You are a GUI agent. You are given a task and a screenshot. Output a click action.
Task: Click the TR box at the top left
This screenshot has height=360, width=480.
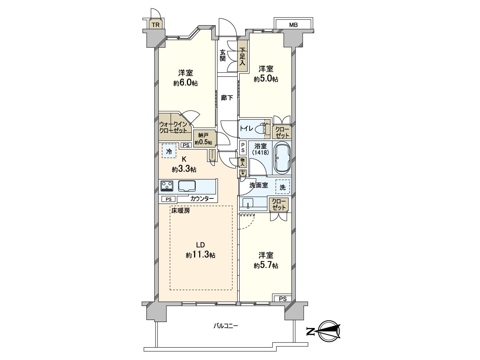coord(156,25)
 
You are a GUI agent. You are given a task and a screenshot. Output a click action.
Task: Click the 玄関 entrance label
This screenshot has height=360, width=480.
coord(222,55)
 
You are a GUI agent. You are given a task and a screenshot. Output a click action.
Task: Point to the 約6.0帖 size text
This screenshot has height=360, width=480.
coord(186,83)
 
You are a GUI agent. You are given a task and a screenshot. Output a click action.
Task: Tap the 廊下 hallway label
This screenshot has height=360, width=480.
coord(227,98)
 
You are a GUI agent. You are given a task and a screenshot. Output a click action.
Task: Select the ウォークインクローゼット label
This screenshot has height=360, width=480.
coord(173,127)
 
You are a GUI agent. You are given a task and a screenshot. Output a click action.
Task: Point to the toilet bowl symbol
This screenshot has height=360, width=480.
coord(262,129)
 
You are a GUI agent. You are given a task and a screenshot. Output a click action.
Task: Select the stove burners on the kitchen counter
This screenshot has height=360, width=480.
coord(167,186)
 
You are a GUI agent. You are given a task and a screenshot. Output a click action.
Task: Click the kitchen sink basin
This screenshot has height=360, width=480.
coord(187,186)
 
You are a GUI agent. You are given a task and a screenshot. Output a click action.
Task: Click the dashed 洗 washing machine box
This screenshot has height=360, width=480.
coord(283,186)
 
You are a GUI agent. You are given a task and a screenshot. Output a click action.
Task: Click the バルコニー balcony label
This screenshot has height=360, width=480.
coord(225,326)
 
